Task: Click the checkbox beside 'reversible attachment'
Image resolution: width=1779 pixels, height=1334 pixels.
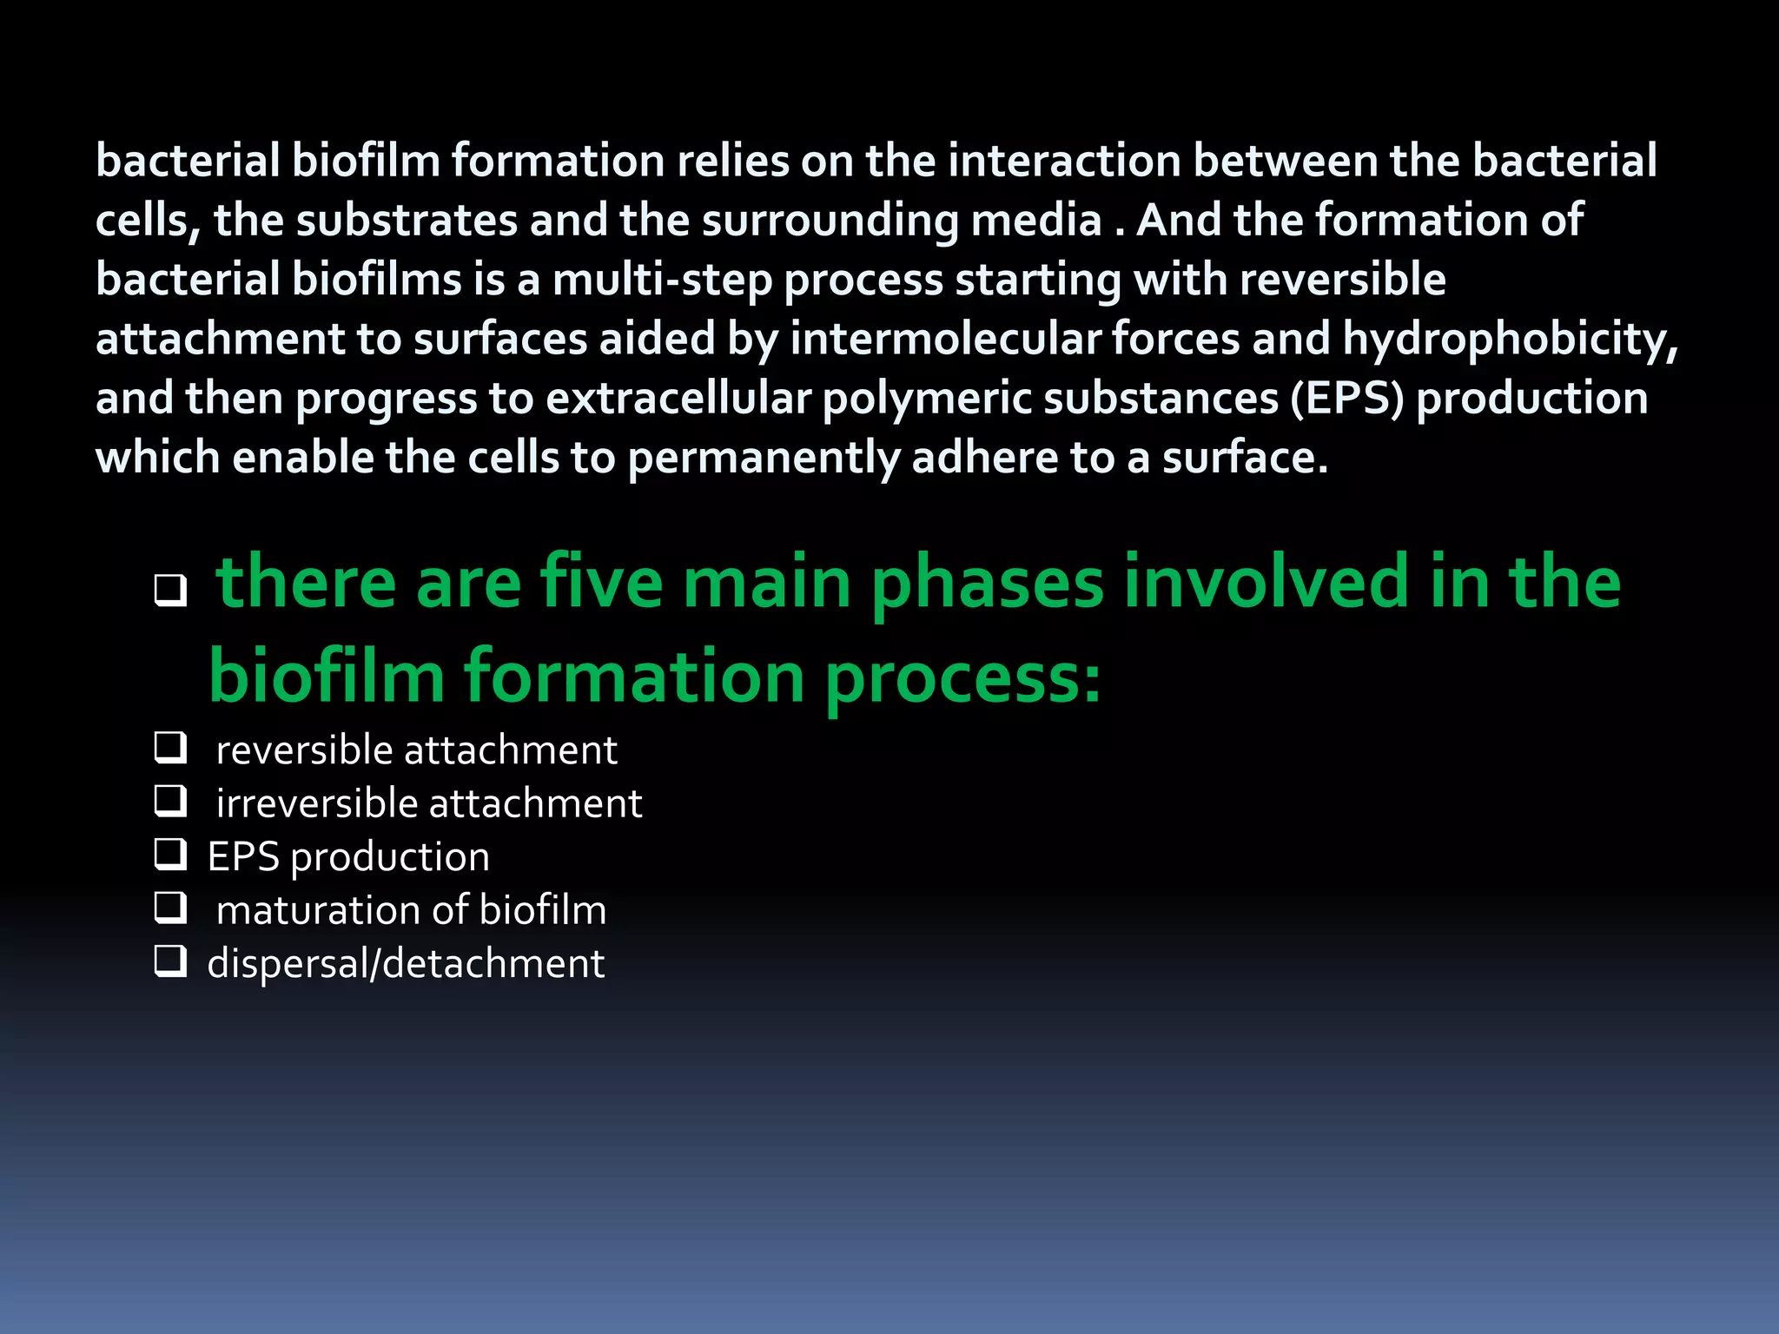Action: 170,748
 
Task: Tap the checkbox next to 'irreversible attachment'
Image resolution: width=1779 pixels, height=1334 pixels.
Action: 170,801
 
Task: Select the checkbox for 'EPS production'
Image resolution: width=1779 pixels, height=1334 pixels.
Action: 170,855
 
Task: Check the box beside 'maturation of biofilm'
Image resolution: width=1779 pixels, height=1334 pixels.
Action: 170,908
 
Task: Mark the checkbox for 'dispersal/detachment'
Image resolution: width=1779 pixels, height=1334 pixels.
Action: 170,961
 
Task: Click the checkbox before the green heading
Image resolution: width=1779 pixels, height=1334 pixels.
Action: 170,591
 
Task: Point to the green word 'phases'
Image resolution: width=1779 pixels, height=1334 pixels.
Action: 987,584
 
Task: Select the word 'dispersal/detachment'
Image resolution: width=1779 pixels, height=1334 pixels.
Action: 406,964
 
